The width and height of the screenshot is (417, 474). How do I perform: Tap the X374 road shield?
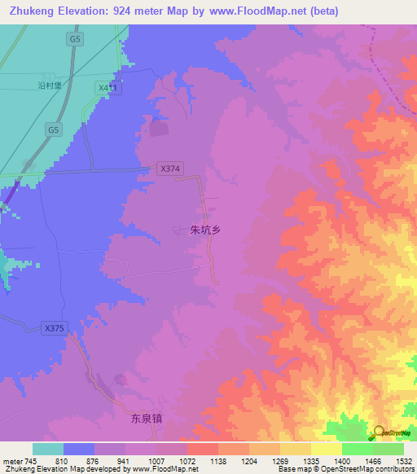pos(169,169)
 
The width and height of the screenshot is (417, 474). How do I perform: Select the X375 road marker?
pos(54,328)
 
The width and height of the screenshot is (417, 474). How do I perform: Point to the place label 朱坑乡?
pos(205,230)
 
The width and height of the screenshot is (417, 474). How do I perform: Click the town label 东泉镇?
pos(147,419)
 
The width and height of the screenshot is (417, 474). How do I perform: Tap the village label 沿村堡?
pos(50,84)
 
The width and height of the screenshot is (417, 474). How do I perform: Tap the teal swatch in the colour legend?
pos(48,449)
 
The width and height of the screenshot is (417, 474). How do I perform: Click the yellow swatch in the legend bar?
pos(326,449)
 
